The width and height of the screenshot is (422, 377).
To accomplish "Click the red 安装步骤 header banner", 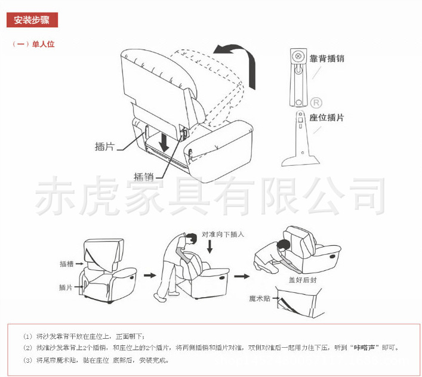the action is point(32,20).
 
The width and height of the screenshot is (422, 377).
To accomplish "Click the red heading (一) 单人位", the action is point(33,44).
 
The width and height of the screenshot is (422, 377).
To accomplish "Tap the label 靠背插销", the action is point(326,58).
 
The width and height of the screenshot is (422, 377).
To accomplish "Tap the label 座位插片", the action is point(326,118).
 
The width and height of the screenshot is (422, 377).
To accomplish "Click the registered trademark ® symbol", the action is point(316,103).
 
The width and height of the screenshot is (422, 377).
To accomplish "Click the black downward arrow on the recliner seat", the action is point(164,142).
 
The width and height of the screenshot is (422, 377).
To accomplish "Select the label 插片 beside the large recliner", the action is point(105,147).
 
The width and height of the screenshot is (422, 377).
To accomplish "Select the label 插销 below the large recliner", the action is point(144,177).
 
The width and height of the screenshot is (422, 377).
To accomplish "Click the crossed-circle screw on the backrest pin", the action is point(298,56).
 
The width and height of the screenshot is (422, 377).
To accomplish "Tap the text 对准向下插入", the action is point(223,234).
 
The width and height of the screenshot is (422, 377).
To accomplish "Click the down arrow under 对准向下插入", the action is point(210,246).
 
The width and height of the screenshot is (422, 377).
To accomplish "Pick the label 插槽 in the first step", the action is point(66,264).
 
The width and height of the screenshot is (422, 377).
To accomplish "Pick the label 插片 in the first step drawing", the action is point(66,288).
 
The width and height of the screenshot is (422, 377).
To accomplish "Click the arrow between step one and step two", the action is point(150,276).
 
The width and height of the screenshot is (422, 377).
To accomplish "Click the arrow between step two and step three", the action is point(242,276).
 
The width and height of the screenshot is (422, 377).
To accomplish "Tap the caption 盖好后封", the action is point(303,280).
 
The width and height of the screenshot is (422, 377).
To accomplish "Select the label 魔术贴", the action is point(260,298).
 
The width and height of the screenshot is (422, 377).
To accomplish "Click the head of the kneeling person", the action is point(284,245).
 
